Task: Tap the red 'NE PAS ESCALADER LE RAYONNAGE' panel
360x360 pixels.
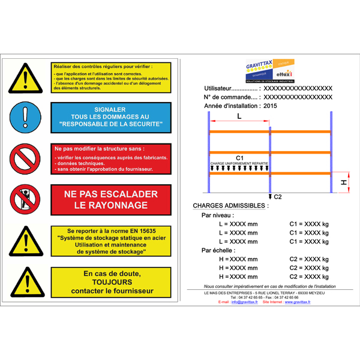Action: click(x=111, y=199)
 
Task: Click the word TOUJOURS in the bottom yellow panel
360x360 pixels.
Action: click(x=112, y=282)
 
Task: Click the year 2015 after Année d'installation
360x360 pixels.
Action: click(x=271, y=106)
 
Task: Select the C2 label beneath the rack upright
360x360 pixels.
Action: click(x=278, y=196)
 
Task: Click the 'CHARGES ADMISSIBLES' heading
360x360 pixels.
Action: click(x=230, y=205)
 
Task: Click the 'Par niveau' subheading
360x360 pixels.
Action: click(x=218, y=215)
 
